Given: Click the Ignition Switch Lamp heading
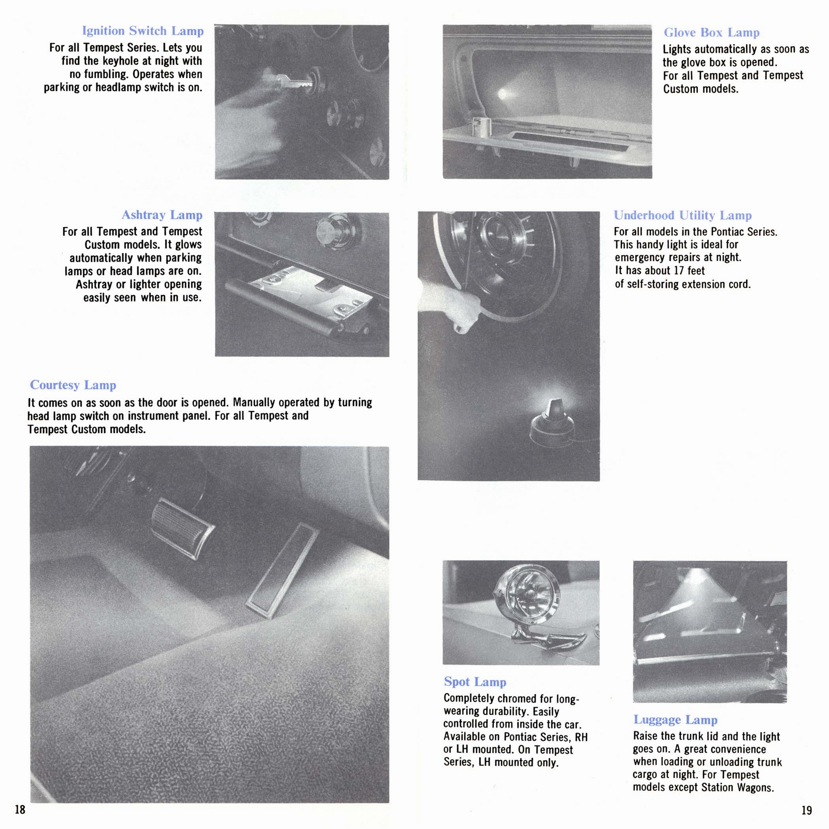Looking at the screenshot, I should coord(142,31).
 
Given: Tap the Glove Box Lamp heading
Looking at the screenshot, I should coord(711,33).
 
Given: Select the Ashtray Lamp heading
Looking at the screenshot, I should coord(162,215).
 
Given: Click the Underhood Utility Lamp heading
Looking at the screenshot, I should coord(682,216).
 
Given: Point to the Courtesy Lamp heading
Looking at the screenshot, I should coord(73,385).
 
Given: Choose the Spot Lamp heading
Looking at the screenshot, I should coord(475,682).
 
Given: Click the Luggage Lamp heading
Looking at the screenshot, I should coord(675,720).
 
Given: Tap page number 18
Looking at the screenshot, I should coord(20,809).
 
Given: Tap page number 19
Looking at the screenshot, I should coord(807,810).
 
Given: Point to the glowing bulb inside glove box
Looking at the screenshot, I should coord(502,94).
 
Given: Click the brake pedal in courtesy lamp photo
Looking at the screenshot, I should coord(182,528).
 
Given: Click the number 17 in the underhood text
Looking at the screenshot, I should coord(679,271).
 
